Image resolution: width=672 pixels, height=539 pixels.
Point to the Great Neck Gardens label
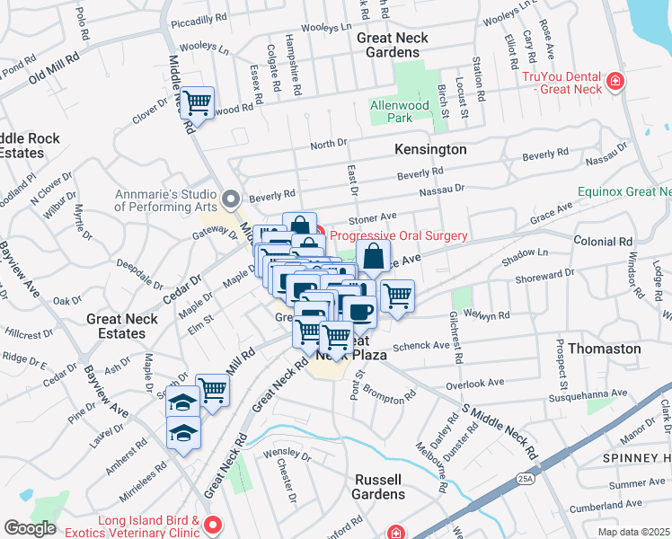point(392,45)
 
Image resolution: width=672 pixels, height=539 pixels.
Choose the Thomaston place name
point(611,348)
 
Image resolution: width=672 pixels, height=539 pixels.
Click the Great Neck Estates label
point(122,326)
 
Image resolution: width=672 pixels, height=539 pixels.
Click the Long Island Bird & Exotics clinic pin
point(213,524)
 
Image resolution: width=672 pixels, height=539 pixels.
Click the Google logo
point(30,528)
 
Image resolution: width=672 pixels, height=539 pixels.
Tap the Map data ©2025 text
point(634,532)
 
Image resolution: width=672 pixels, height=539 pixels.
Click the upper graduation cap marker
point(182,402)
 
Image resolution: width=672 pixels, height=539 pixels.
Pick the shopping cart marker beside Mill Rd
point(213,389)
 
